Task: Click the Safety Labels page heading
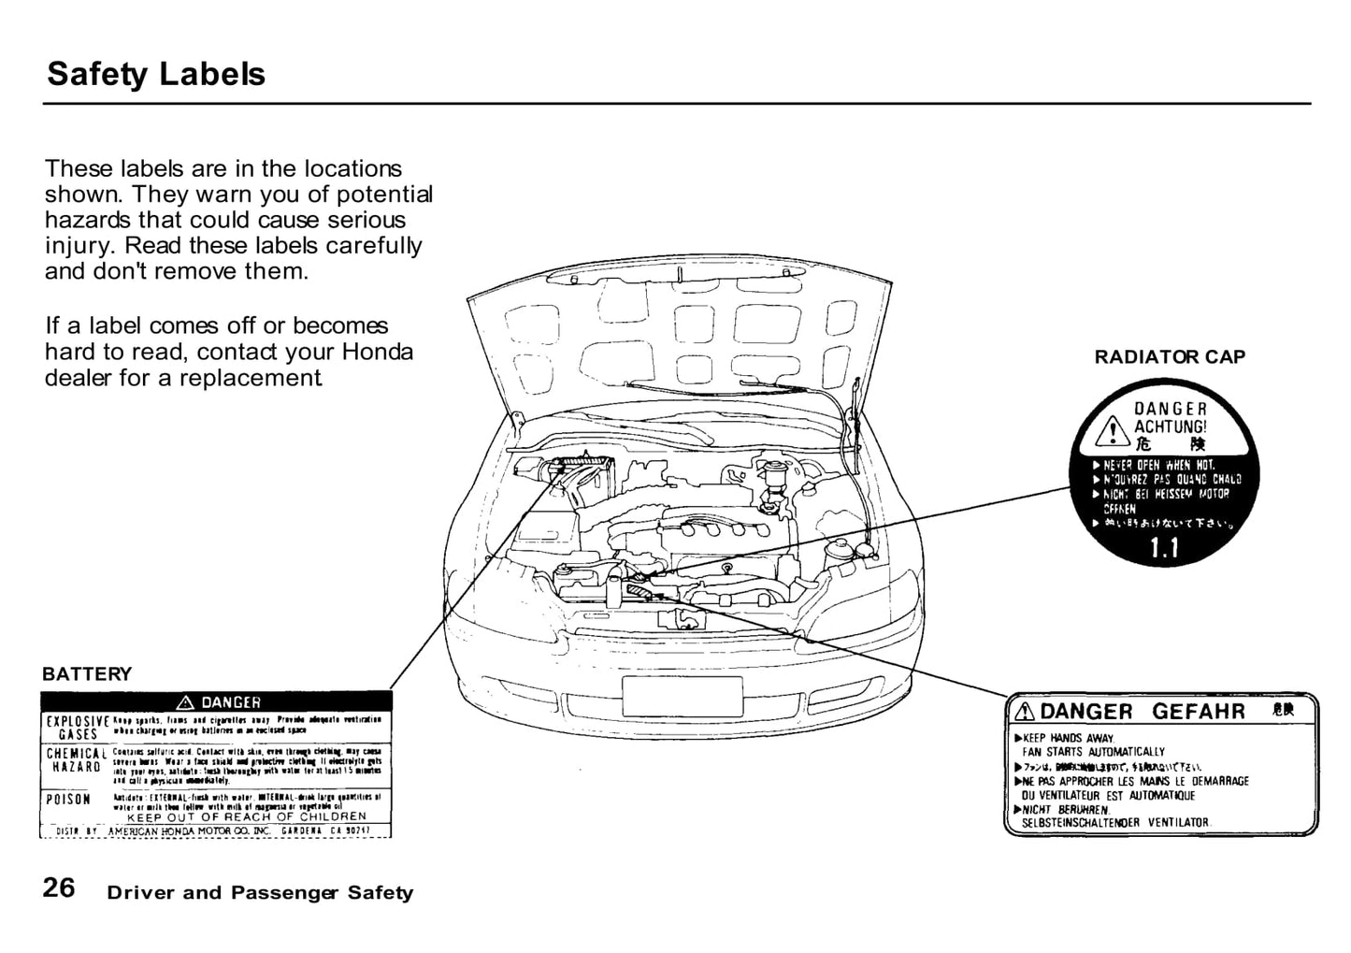[156, 74]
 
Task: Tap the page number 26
[59, 888]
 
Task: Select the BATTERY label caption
[87, 674]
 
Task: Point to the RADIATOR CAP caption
[1170, 357]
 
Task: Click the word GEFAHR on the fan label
[1199, 712]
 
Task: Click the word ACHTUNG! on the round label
[1170, 426]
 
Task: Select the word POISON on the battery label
[68, 800]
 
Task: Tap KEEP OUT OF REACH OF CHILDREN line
[247, 816]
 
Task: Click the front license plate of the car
[682, 696]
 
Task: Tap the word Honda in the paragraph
[378, 353]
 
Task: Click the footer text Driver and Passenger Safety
[260, 893]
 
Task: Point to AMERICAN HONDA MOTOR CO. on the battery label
[190, 830]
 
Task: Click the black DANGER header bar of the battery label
[216, 701]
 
